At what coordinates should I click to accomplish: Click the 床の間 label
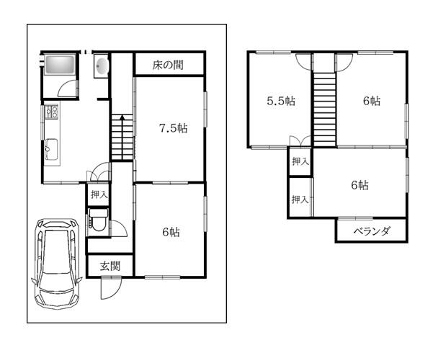point(168,65)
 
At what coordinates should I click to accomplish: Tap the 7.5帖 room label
point(174,128)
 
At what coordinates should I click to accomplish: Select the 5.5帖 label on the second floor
point(281,101)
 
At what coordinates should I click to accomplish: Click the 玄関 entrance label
point(110,266)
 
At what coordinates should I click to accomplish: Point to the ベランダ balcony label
point(372,230)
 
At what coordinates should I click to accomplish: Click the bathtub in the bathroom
point(60,65)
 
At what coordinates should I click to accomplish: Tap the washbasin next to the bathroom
point(101,66)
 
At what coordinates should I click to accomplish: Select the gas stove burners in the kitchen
point(52,112)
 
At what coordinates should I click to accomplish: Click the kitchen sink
point(52,149)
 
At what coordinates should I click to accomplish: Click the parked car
point(57,264)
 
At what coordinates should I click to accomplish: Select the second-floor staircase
point(325,109)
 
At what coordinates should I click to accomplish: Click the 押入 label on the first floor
point(99,194)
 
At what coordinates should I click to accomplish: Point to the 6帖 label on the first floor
point(171,232)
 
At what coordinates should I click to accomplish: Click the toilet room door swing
point(120,229)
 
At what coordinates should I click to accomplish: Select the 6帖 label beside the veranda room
point(360,185)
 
